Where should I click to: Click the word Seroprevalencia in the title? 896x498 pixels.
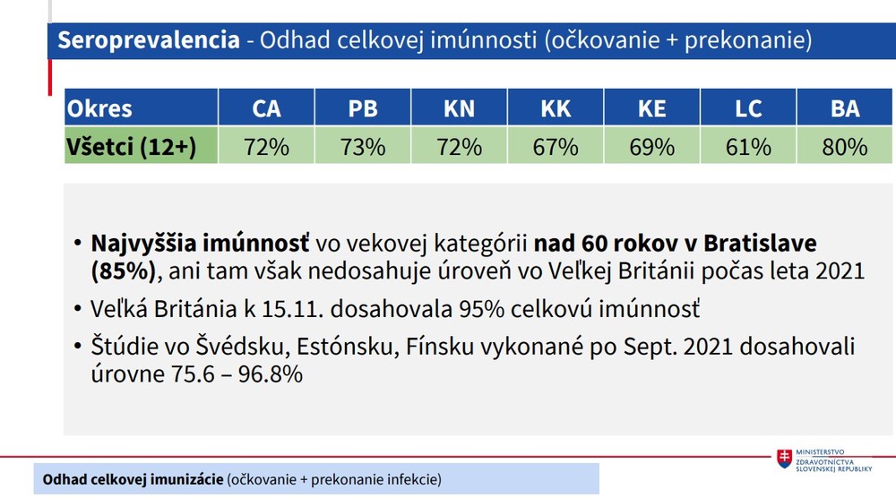tap(149, 40)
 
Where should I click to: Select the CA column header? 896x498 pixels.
tap(266, 108)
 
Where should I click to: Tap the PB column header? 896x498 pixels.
tap(363, 108)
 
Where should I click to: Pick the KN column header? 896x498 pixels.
tap(459, 108)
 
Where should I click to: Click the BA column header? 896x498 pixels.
tap(845, 108)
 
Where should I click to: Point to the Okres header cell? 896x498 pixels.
tap(100, 108)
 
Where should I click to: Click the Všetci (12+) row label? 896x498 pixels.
tap(131, 146)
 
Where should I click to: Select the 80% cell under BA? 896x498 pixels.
tap(845, 146)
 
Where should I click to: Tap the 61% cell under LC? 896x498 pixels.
tap(748, 146)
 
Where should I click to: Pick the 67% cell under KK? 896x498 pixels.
tap(556, 146)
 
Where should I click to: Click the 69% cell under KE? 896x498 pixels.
tap(651, 146)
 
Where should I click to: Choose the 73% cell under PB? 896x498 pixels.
tap(363, 146)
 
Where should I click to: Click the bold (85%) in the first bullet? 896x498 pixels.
tap(125, 270)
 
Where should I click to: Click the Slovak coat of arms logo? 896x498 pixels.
tap(785, 459)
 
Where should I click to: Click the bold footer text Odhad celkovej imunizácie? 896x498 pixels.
tap(133, 480)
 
